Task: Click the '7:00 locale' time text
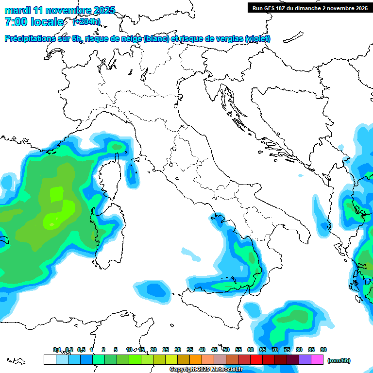click(x=34, y=22)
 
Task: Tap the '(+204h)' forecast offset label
click(x=86, y=21)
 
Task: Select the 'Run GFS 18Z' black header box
click(x=309, y=8)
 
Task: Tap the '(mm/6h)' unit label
click(x=339, y=360)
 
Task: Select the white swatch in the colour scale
click(x=50, y=360)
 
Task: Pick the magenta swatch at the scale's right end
click(x=317, y=360)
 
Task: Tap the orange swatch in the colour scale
click(x=196, y=360)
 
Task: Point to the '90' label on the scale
click(x=323, y=350)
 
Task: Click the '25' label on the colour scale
click(x=166, y=350)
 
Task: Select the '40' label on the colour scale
click(x=202, y=350)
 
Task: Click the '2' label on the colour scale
click(x=103, y=350)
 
